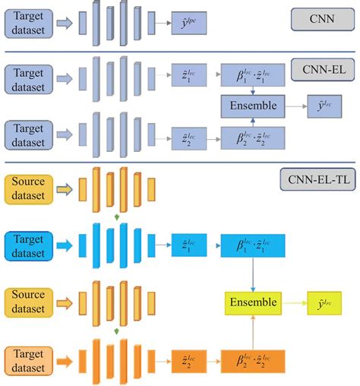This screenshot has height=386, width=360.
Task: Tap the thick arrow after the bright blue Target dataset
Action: pos(66,244)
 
